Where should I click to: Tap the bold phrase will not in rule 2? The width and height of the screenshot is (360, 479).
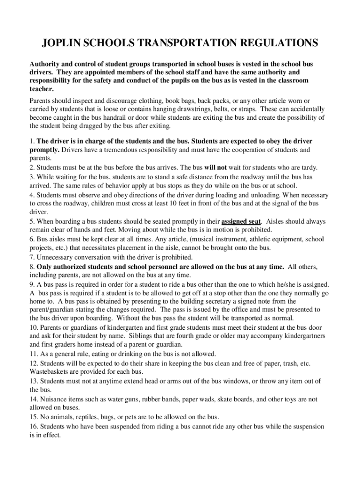coord(216,167)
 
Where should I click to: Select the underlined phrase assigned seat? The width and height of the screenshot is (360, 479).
coord(241,221)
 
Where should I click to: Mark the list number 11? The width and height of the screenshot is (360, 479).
coord(33,354)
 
